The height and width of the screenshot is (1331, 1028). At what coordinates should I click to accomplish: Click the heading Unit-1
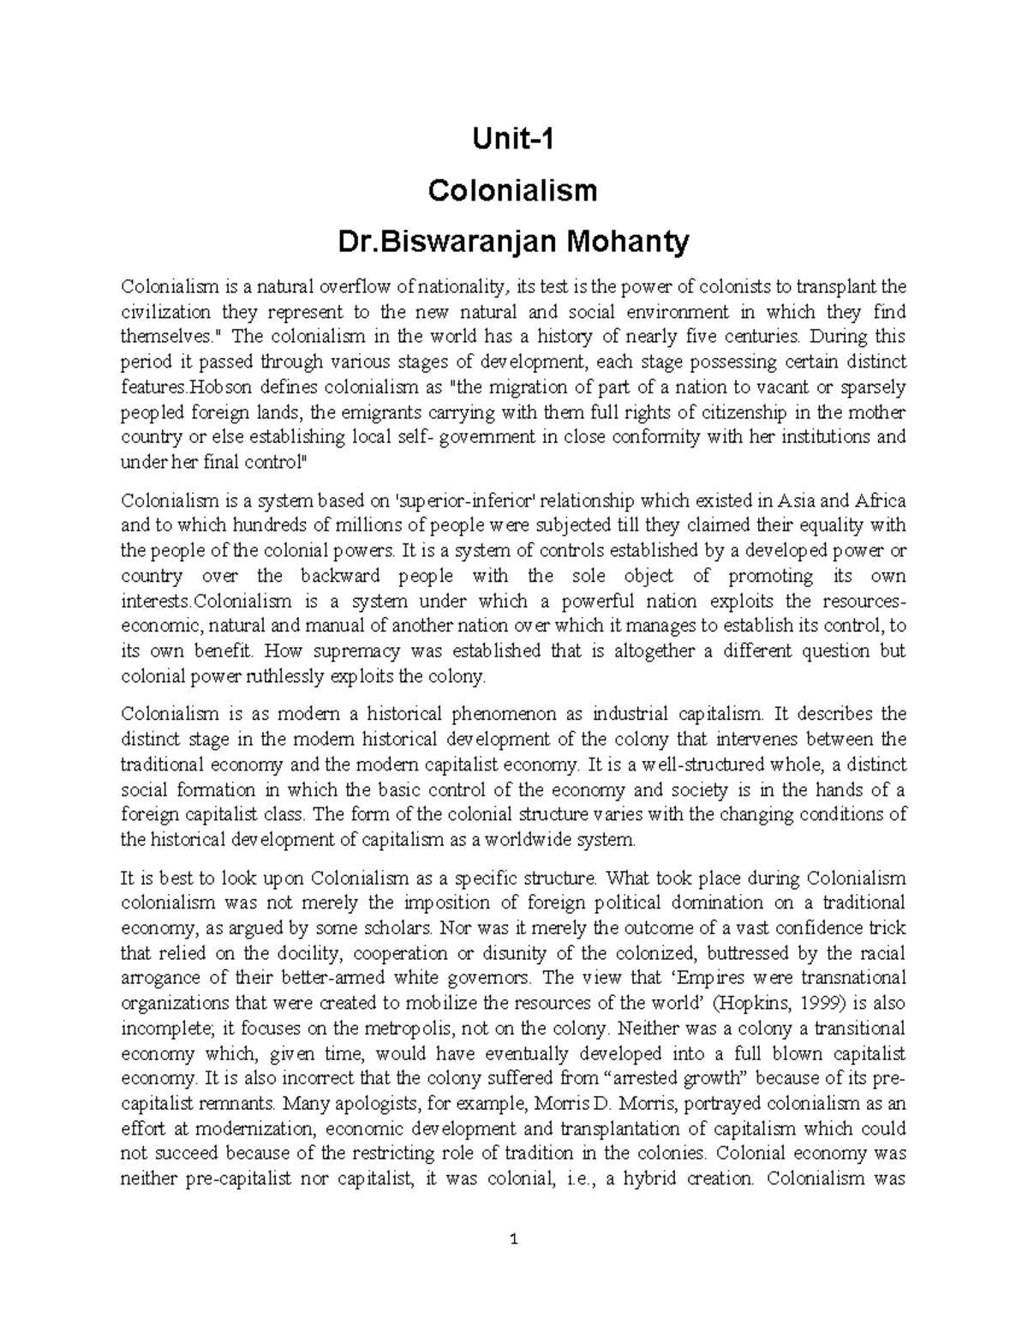click(513, 138)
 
